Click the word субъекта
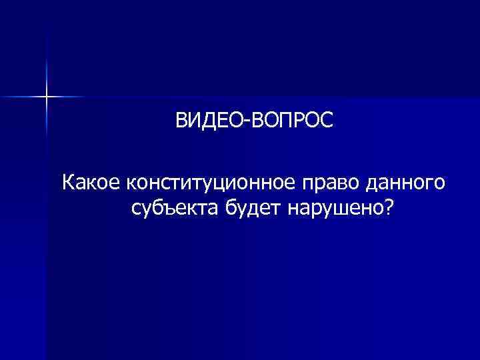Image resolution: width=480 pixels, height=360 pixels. click(x=172, y=209)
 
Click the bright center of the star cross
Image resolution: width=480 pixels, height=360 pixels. click(x=47, y=97)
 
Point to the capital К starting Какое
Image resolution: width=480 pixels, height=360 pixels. click(x=68, y=181)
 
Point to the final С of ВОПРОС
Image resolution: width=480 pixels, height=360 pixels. click(x=324, y=121)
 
